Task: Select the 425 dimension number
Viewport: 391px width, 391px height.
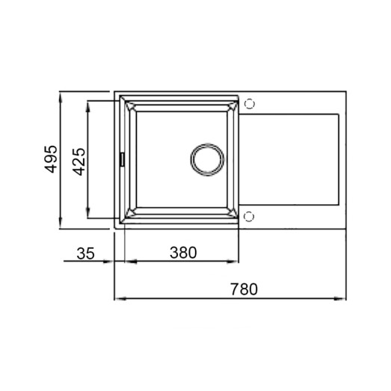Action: pyautogui.click(x=80, y=160)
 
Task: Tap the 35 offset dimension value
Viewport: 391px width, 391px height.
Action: pyautogui.click(x=86, y=253)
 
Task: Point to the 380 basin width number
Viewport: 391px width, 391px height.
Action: pyautogui.click(x=182, y=253)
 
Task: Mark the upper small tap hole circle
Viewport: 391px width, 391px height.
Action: pyautogui.click(x=249, y=104)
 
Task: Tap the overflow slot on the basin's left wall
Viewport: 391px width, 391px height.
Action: pyautogui.click(x=123, y=159)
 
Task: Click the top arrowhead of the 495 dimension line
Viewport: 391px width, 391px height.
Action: pyautogui.click(x=61, y=97)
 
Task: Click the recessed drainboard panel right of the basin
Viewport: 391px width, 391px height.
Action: pyautogui.click(x=291, y=160)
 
